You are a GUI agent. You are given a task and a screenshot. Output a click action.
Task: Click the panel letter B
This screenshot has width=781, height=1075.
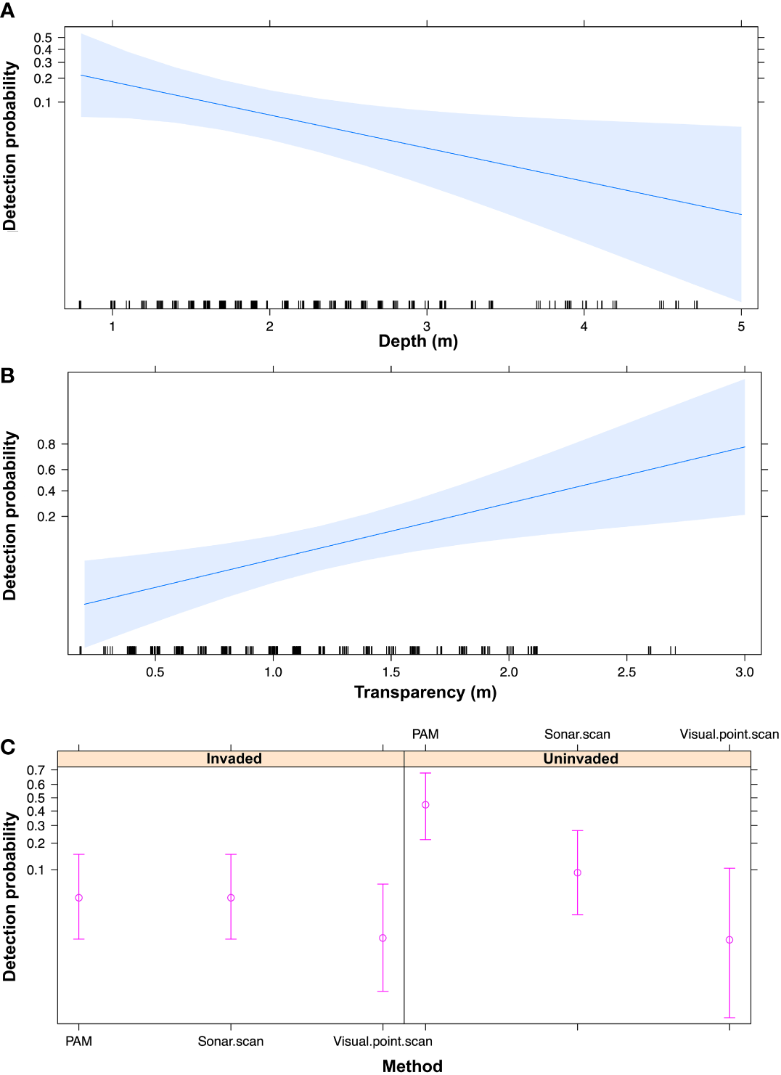coord(7,376)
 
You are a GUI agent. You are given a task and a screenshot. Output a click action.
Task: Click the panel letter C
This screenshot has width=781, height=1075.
coord(7,747)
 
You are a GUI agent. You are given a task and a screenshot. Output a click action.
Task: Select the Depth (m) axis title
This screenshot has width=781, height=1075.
coord(418,341)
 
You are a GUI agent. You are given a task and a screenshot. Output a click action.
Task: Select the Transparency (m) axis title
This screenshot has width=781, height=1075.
coord(425,692)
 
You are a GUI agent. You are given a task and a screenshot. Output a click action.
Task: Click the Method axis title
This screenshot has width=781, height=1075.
coord(412,1066)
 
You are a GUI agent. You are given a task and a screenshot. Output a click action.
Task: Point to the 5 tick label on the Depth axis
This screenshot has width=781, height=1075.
coord(741,327)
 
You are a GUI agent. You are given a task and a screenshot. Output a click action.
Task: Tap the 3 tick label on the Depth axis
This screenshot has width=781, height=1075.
coord(427,327)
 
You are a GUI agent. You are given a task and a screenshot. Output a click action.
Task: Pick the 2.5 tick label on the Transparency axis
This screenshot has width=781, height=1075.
coord(626,672)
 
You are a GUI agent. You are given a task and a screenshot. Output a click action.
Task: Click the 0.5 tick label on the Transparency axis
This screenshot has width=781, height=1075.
coord(155,672)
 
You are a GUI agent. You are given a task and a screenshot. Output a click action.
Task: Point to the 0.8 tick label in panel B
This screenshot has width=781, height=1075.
coord(46,444)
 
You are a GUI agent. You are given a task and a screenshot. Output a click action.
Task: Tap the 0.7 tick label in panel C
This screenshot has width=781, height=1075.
coord(36,770)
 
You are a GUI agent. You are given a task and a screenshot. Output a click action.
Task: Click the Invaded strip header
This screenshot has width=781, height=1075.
coord(234,759)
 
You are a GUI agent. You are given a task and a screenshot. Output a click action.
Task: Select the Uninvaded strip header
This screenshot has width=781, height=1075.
coord(581,759)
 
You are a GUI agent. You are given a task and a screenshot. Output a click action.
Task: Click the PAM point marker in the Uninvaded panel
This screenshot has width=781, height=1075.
coord(425,805)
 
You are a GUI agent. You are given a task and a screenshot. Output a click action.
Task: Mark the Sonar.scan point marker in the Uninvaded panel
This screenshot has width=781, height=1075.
coord(578,873)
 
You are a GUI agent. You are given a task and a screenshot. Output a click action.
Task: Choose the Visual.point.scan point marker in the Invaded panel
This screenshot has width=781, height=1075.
coord(383,938)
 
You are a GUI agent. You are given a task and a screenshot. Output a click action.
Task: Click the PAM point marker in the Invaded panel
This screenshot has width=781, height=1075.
coord(79,898)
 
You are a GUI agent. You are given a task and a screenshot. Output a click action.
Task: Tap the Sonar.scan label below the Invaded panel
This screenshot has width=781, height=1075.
coord(231,1042)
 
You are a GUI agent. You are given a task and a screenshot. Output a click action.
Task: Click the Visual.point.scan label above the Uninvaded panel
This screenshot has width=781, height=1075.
coord(729,735)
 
